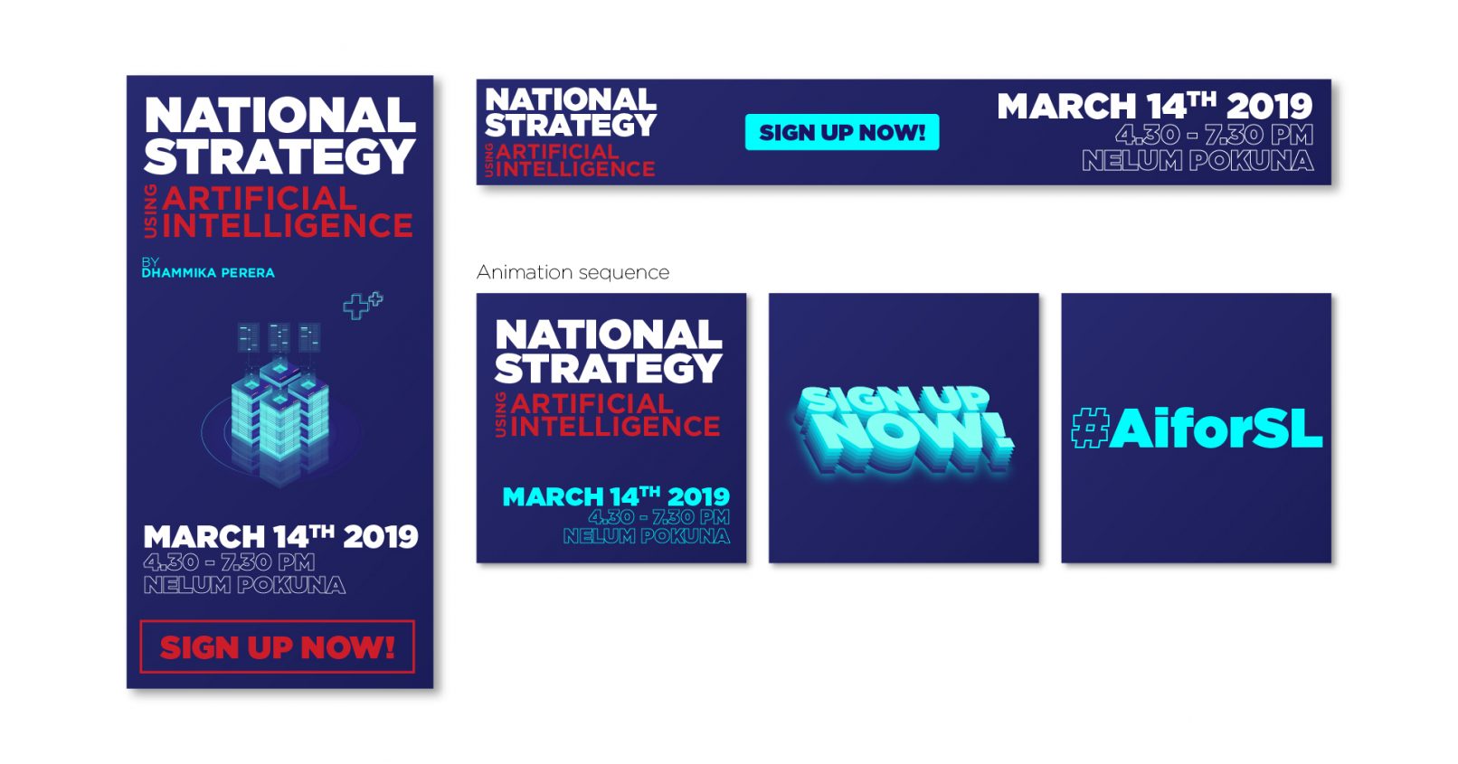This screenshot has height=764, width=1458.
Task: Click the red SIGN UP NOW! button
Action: click(x=278, y=646)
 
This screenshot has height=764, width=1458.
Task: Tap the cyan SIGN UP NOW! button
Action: click(x=841, y=132)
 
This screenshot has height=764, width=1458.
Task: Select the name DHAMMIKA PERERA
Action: click(x=208, y=273)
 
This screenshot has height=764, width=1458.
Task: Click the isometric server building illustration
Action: click(x=279, y=403)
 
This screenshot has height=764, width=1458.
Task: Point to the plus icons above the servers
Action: click(x=364, y=306)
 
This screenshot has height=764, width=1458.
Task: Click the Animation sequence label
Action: click(x=573, y=272)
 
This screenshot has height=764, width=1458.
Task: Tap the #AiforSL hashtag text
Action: click(x=1197, y=429)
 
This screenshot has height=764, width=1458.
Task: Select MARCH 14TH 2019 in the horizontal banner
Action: click(x=1155, y=106)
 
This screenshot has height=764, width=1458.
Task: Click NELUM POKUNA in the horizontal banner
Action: click(x=1198, y=161)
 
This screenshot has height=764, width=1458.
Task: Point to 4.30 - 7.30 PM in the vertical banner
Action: click(x=229, y=561)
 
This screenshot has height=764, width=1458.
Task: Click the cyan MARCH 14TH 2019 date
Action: click(x=616, y=496)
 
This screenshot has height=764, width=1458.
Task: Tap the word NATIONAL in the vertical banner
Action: click(x=279, y=115)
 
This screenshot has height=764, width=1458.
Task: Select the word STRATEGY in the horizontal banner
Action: click(x=571, y=125)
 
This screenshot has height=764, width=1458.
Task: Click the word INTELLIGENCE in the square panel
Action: click(x=616, y=427)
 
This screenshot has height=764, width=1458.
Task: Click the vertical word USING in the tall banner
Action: click(x=150, y=211)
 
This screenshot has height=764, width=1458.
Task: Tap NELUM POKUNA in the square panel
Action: click(x=647, y=536)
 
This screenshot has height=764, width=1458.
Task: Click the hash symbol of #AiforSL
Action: click(x=1090, y=429)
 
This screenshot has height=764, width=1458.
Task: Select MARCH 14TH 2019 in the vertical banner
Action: click(x=280, y=537)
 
